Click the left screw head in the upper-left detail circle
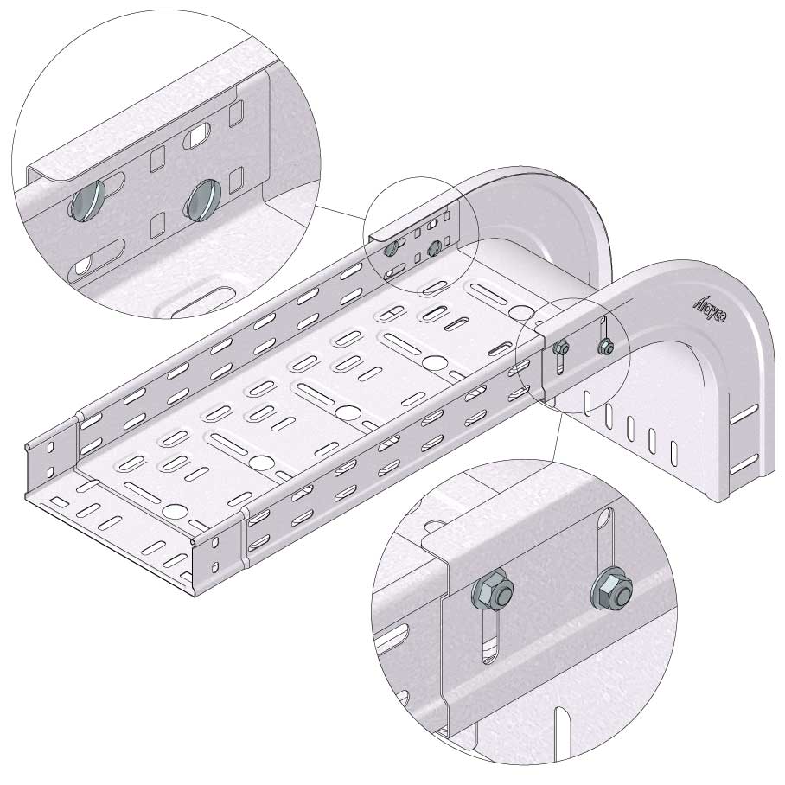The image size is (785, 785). click(x=86, y=205)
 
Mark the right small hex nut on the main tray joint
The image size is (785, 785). click(x=605, y=348)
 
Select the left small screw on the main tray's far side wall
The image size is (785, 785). click(x=392, y=249)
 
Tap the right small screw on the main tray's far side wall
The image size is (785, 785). click(x=434, y=249)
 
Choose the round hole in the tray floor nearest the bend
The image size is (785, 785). click(x=519, y=311)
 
